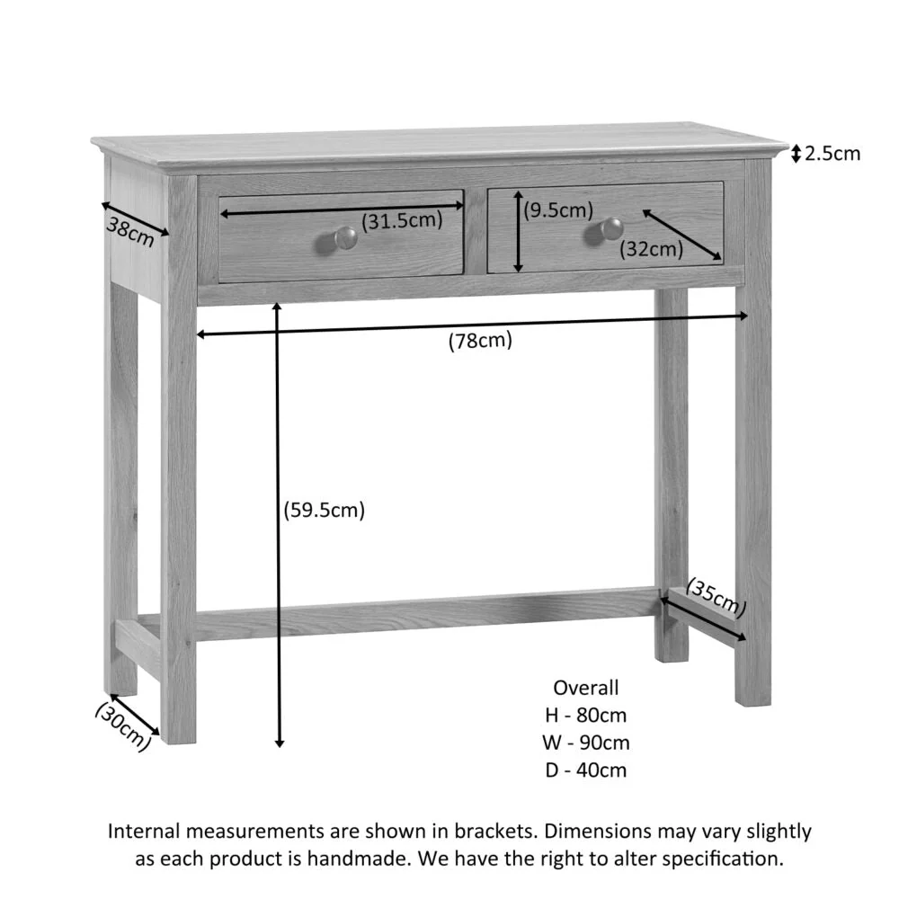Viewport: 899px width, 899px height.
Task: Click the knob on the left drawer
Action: coord(344,237)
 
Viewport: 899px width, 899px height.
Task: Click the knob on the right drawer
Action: coord(611,229)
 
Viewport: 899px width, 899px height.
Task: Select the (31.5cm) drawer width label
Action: coord(402,219)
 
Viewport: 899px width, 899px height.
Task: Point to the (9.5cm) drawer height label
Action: coord(559,210)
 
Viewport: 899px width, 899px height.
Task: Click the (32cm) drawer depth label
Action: coord(652,249)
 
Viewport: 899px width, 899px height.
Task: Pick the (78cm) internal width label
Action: coord(480,341)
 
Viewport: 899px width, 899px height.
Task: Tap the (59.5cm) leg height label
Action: coord(324,510)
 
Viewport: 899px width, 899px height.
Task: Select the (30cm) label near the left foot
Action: coord(123,725)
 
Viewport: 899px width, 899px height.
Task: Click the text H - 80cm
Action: coord(586,716)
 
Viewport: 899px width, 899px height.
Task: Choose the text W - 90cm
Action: coord(586,743)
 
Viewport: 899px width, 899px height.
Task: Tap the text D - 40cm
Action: coord(586,770)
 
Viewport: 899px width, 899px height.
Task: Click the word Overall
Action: coord(586,688)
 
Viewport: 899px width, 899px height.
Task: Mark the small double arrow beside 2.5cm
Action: coord(796,155)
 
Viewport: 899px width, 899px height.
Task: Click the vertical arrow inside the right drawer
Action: coord(519,232)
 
